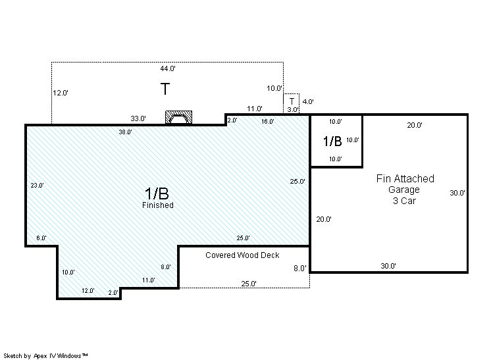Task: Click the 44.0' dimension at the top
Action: [168, 68]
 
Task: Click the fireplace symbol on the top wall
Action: [178, 117]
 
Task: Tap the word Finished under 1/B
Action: [158, 205]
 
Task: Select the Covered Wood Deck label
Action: [242, 255]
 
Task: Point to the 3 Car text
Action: [404, 201]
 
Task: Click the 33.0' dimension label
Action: [138, 118]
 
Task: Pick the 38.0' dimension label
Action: [125, 132]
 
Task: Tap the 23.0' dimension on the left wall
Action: [37, 186]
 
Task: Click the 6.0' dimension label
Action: [41, 238]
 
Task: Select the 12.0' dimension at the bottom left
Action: [88, 291]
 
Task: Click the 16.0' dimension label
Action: [268, 122]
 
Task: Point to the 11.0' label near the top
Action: [255, 109]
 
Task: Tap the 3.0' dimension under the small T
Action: [292, 110]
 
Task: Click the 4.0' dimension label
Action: [308, 101]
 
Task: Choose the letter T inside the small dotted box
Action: [292, 101]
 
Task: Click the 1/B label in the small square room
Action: [332, 141]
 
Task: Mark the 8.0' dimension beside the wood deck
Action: [300, 269]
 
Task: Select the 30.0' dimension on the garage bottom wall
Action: [388, 266]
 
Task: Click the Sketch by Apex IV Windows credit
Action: [45, 355]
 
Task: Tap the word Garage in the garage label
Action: [404, 190]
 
